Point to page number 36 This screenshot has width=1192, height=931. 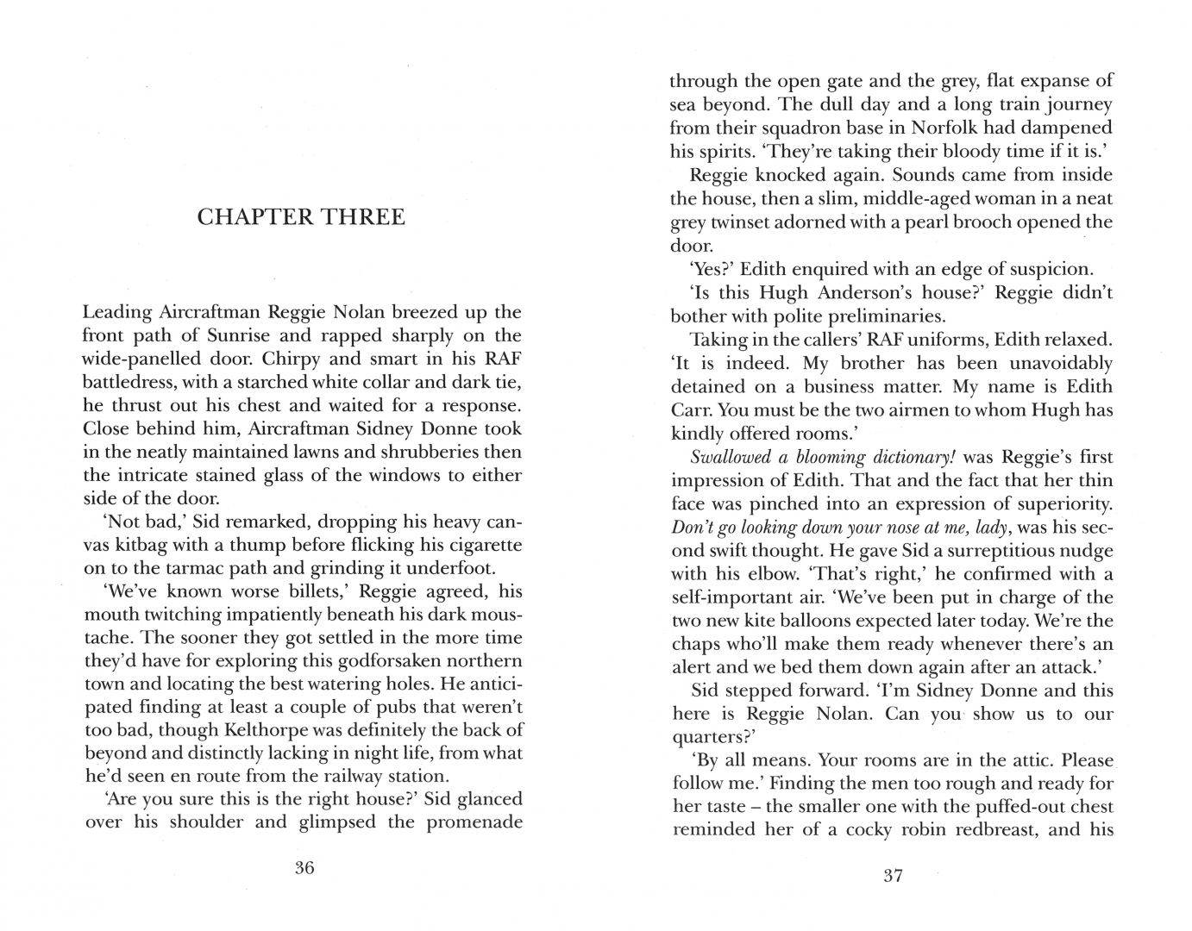304,868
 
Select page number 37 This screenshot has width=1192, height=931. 893,876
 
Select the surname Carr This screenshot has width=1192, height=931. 690,410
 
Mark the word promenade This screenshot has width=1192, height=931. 469,822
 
